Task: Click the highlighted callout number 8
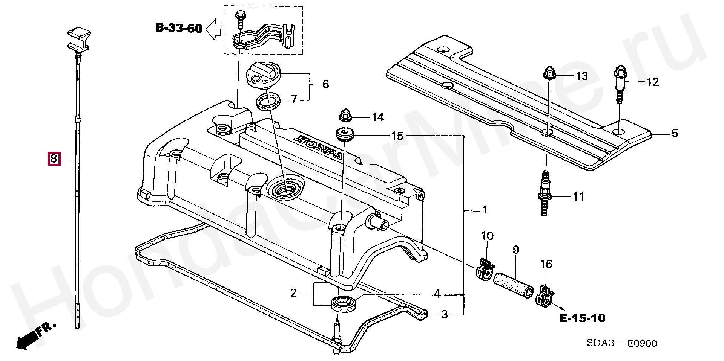pyautogui.click(x=53, y=159)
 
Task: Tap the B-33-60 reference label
pyautogui.click(x=179, y=28)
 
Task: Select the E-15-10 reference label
pyautogui.click(x=582, y=318)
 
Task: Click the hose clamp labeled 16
pyautogui.click(x=545, y=296)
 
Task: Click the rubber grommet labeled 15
pyautogui.click(x=344, y=134)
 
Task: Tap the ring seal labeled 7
pyautogui.click(x=268, y=102)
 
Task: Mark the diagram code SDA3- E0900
pyautogui.click(x=621, y=343)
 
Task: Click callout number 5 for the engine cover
pyautogui.click(x=675, y=133)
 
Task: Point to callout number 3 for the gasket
pyautogui.click(x=445, y=314)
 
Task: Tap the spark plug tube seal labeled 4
pyautogui.click(x=343, y=304)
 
